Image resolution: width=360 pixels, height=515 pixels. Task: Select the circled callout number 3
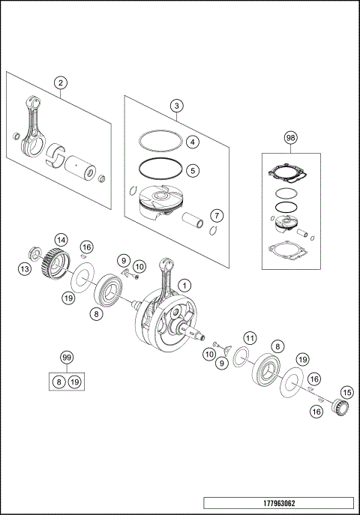coord(175,106)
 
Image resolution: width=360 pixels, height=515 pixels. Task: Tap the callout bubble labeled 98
coord(291,138)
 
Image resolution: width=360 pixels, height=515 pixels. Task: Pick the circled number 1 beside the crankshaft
coord(186,285)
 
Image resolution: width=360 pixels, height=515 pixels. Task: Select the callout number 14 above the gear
coord(61,240)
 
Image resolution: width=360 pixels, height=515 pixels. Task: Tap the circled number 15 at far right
coord(346,391)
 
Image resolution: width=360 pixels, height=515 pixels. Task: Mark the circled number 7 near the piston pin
coord(215,216)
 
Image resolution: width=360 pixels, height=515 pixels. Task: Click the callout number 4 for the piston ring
coord(192,142)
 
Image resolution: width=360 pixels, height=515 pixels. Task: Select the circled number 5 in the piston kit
coord(192,170)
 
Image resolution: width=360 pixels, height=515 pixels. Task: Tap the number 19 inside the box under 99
coord(74,382)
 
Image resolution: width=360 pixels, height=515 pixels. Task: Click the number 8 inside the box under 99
coord(59,382)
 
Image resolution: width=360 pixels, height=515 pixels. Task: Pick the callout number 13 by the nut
coord(25,268)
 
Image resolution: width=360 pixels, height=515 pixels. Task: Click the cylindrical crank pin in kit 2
coord(80,165)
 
